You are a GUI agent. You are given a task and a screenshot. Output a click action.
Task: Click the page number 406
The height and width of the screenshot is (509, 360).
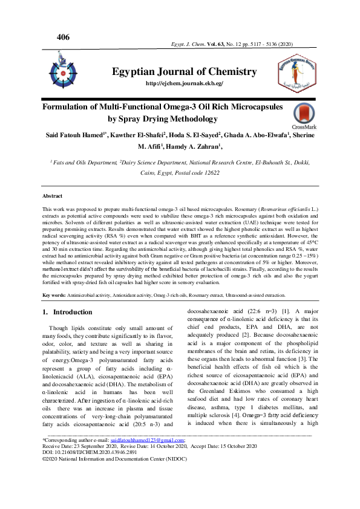tap(63, 37)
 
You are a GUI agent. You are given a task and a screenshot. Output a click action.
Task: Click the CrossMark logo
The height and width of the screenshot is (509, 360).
tap(303, 117)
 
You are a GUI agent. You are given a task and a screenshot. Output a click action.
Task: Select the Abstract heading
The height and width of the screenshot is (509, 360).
tap(52, 196)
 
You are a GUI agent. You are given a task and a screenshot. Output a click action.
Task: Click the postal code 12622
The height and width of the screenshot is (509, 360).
tap(208, 172)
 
